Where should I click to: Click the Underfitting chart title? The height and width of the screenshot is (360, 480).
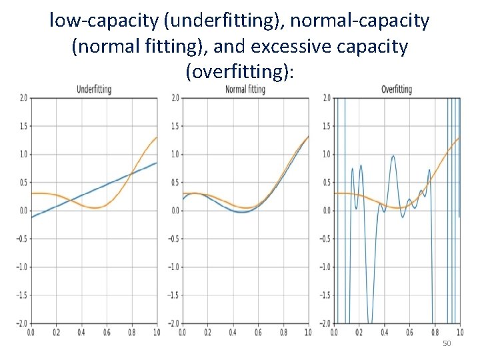click(x=94, y=89)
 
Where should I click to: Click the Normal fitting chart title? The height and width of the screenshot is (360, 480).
click(x=245, y=89)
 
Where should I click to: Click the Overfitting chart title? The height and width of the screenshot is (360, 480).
click(x=396, y=89)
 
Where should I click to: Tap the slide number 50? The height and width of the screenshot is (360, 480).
click(x=447, y=343)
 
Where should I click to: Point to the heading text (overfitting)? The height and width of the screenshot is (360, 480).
click(x=240, y=72)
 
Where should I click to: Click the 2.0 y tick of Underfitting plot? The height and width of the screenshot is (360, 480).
click(x=23, y=98)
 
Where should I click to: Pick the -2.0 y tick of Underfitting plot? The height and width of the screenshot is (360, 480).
click(x=22, y=323)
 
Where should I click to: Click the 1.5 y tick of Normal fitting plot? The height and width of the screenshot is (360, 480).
click(x=175, y=126)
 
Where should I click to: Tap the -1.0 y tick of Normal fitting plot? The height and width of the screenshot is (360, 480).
click(x=174, y=267)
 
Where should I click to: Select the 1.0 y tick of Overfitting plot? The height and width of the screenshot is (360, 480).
click(x=327, y=154)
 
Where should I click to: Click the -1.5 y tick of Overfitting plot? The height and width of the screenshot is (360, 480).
click(x=325, y=295)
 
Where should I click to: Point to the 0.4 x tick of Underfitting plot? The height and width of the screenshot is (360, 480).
click(x=81, y=331)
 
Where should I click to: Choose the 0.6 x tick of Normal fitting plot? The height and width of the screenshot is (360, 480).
click(x=258, y=331)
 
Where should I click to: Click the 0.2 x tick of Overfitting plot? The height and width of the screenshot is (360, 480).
click(x=359, y=331)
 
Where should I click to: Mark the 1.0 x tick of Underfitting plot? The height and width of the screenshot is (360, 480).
click(x=157, y=331)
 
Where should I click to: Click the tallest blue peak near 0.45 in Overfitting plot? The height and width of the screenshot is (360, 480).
click(x=393, y=156)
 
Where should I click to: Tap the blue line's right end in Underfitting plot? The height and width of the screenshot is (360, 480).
click(x=157, y=163)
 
